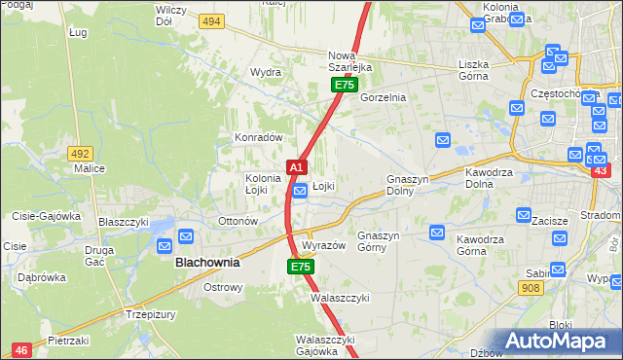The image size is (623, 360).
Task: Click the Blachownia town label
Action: click(x=206, y=263)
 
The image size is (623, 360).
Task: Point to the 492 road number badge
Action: click(x=80, y=153)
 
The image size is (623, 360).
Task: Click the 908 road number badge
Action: click(x=531, y=288)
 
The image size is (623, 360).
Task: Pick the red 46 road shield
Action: click(x=20, y=348)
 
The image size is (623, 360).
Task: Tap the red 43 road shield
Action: click(x=600, y=171)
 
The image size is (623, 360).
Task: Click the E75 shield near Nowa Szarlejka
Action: click(x=343, y=86)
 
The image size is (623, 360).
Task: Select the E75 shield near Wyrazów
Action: click(x=301, y=267)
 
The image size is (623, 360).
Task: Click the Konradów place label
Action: click(x=258, y=138)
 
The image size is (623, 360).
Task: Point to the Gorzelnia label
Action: click(x=383, y=98)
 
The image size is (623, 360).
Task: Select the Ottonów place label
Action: click(x=238, y=221)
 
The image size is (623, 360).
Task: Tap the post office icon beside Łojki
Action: click(x=301, y=192)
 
